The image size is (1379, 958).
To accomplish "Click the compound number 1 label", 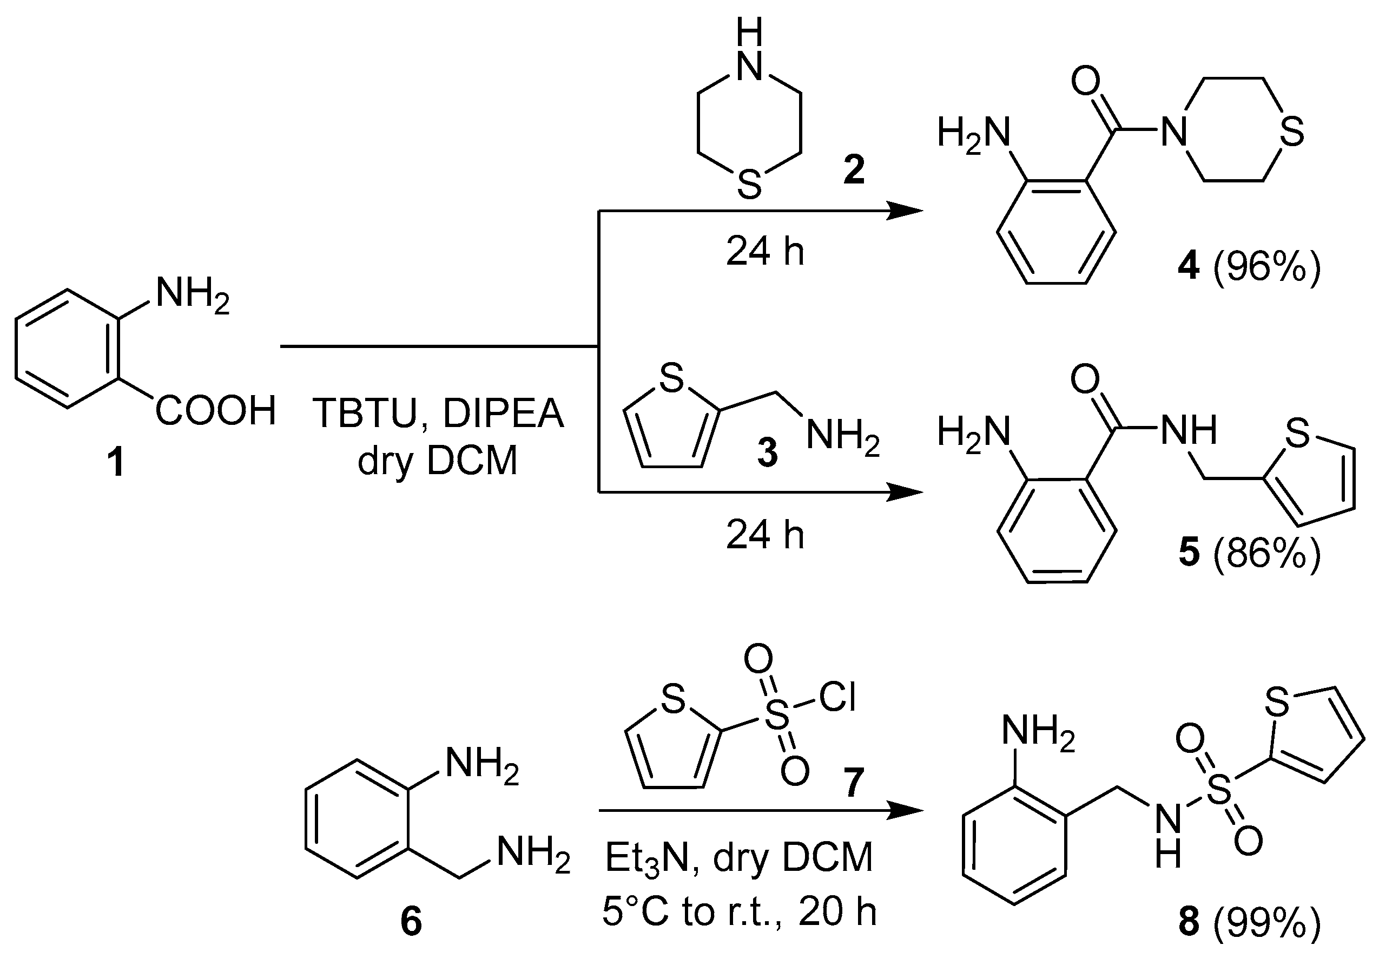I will click(x=115, y=463).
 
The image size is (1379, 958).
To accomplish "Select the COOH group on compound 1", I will click(x=215, y=411).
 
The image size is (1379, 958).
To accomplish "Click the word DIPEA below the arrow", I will click(x=503, y=414).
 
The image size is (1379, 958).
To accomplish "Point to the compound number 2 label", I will click(x=854, y=170).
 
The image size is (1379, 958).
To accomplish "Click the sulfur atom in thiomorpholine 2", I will click(x=749, y=183).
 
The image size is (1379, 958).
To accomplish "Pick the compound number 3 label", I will click(x=767, y=452).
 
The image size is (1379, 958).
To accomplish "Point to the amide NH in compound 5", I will click(x=1188, y=430).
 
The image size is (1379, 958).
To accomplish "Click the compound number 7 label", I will click(x=854, y=783).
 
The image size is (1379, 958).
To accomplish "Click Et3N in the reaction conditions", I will click(x=648, y=858).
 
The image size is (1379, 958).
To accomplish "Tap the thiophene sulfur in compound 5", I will click(x=1296, y=434).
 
